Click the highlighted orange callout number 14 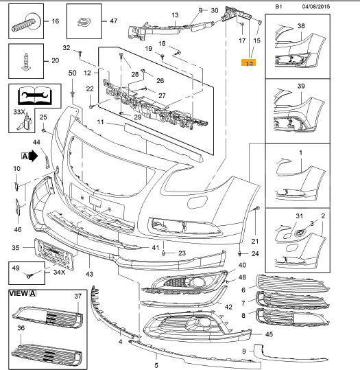tap(248, 62)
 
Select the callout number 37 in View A tap(77, 296)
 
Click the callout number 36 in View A tap(21, 328)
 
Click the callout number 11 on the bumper tap(100, 122)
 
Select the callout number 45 tap(268, 334)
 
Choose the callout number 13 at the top tap(174, 14)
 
